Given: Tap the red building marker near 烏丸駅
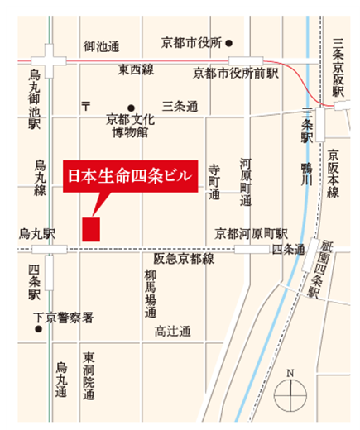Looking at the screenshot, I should pyautogui.click(x=91, y=229).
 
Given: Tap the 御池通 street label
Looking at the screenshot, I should pyautogui.click(x=102, y=47).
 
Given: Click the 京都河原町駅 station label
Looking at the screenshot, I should pyautogui.click(x=251, y=232).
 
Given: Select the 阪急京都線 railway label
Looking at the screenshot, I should pyautogui.click(x=184, y=259).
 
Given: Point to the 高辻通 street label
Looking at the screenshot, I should pyautogui.click(x=172, y=332).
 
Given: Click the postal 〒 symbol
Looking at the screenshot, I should pyautogui.click(x=85, y=106).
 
